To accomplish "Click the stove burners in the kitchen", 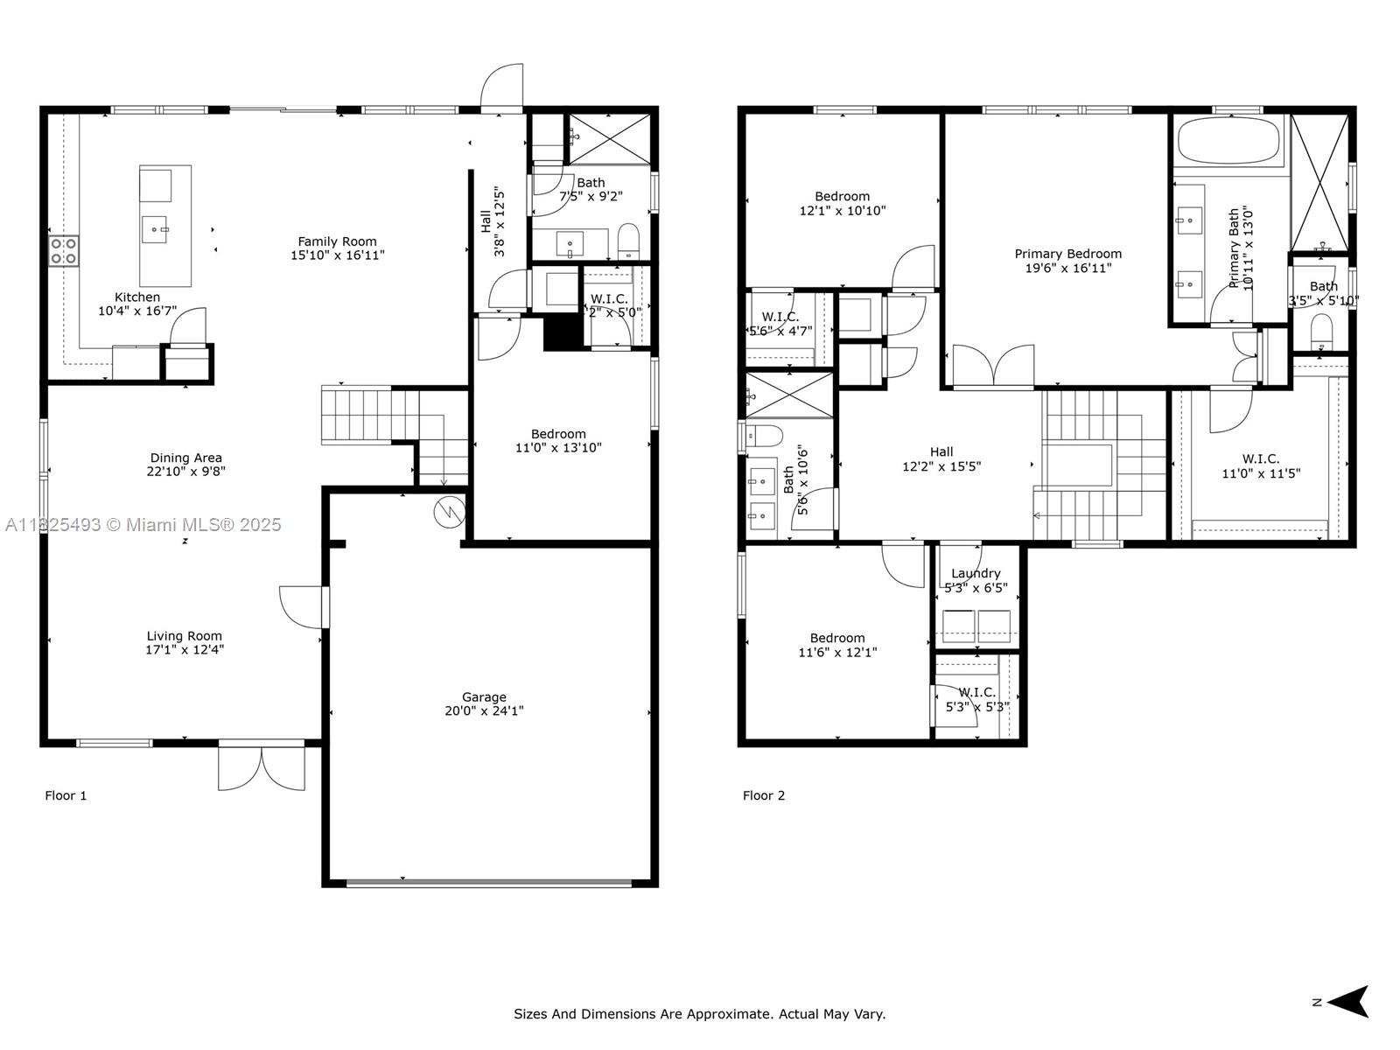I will coord(63,251).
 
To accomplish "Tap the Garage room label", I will coord(484,697).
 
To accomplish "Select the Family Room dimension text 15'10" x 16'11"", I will coord(337,255).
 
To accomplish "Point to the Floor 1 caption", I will coord(66,795).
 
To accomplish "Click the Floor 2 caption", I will coord(763,795).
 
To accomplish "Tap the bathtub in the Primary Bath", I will coord(1228,141).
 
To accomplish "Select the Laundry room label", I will coord(976,574).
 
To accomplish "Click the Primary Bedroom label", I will coord(1067,254).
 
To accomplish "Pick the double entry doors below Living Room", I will coord(262,767).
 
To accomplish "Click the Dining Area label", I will coord(185,458).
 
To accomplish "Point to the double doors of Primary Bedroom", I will coord(993,367).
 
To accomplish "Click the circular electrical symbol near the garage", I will coord(448,512).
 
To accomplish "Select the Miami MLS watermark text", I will coord(143,524).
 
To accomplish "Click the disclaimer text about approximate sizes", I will coord(699,1014).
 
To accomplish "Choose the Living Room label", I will coord(184,636).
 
